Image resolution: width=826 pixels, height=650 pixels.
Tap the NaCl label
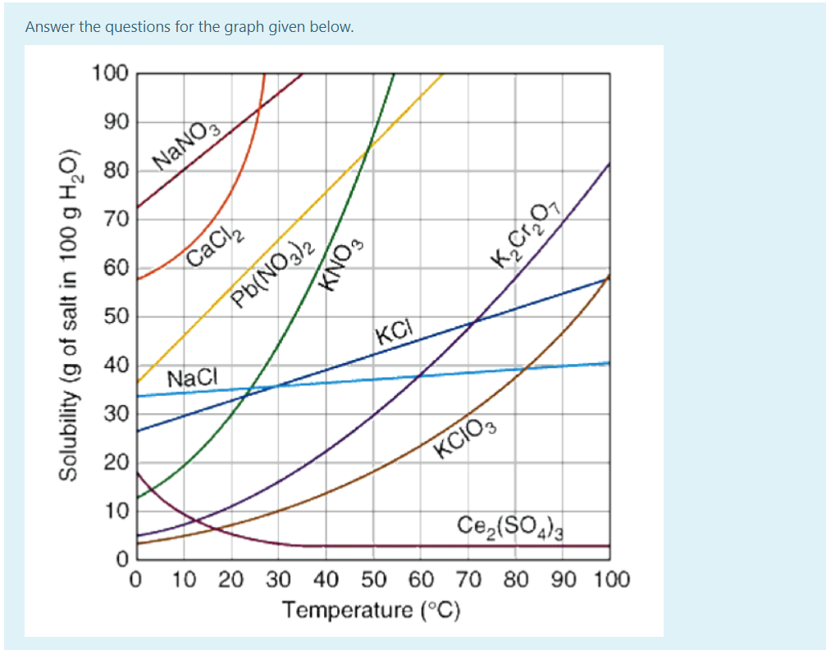click(x=191, y=379)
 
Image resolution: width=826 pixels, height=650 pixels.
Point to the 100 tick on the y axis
click(x=110, y=74)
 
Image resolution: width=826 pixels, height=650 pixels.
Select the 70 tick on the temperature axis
click(x=468, y=581)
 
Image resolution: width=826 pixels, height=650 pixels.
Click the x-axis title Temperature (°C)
click(x=372, y=611)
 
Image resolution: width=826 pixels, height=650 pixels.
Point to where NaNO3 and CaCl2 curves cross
click(x=258, y=108)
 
